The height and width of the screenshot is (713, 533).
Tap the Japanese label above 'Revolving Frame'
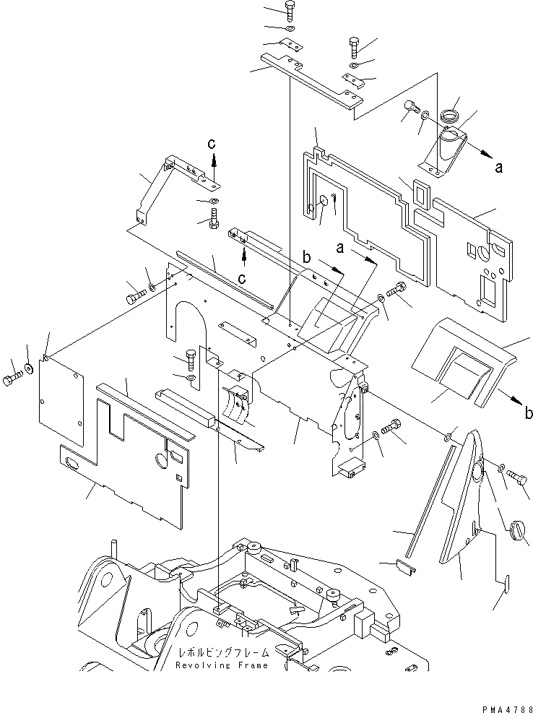(x=223, y=653)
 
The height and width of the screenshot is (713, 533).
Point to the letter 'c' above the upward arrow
(x=212, y=144)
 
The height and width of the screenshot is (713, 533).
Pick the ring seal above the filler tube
(x=451, y=116)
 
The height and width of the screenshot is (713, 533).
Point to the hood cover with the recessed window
(x=463, y=361)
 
